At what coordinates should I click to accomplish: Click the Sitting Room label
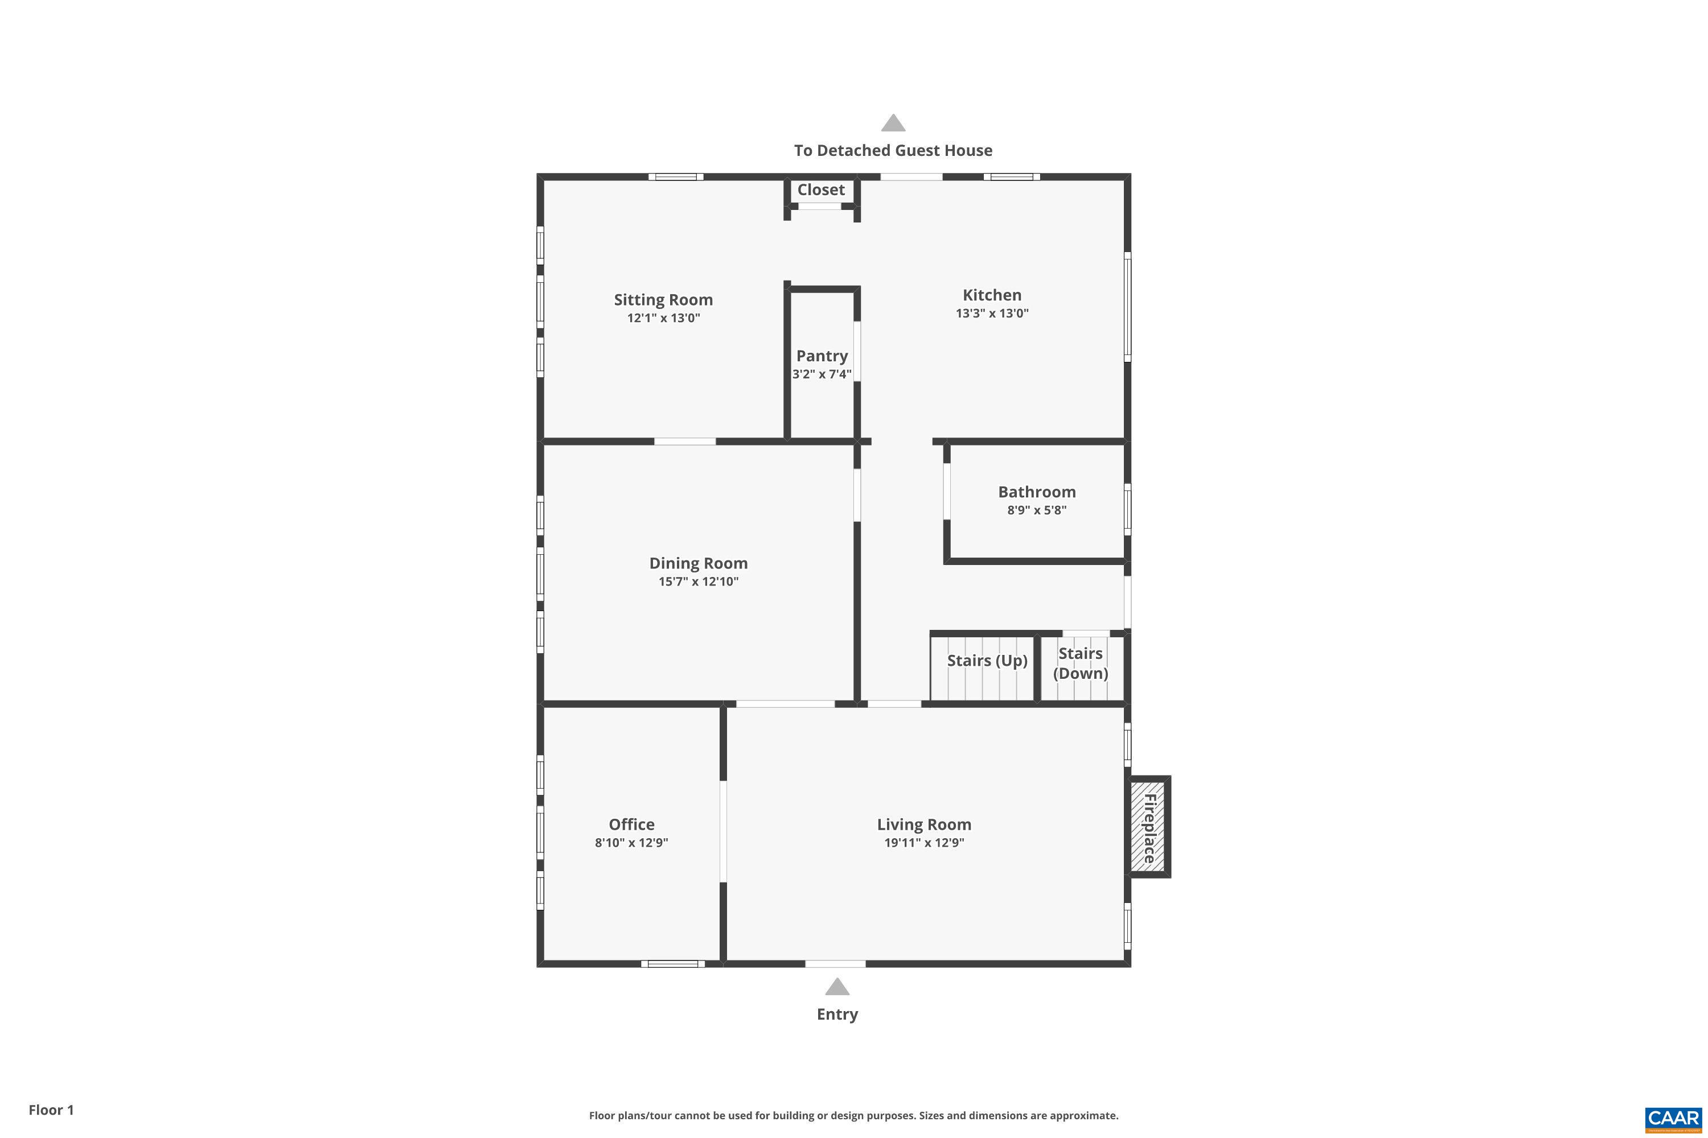[663, 300]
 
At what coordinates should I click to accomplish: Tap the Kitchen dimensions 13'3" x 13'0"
[992, 314]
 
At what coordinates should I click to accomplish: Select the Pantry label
[822, 356]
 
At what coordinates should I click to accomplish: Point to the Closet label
[820, 189]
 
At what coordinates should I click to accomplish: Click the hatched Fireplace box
[1148, 827]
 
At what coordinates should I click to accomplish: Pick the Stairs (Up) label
[986, 661]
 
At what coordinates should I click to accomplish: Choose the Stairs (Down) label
[1080, 663]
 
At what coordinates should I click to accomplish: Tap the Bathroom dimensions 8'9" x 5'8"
[1036, 510]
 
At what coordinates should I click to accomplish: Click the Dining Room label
[698, 563]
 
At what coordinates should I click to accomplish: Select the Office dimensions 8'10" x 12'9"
[631, 843]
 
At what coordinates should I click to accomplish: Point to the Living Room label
[923, 824]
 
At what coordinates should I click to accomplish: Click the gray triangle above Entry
[836, 987]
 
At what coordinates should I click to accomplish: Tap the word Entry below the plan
[836, 1015]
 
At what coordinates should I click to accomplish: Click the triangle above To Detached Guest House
[893, 123]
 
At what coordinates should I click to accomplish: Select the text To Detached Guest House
[893, 150]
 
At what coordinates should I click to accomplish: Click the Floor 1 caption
[51, 1110]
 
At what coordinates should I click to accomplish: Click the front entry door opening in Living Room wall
[835, 964]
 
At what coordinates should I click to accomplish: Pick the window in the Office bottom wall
[672, 964]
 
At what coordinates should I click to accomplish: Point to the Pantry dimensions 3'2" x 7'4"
[822, 374]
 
